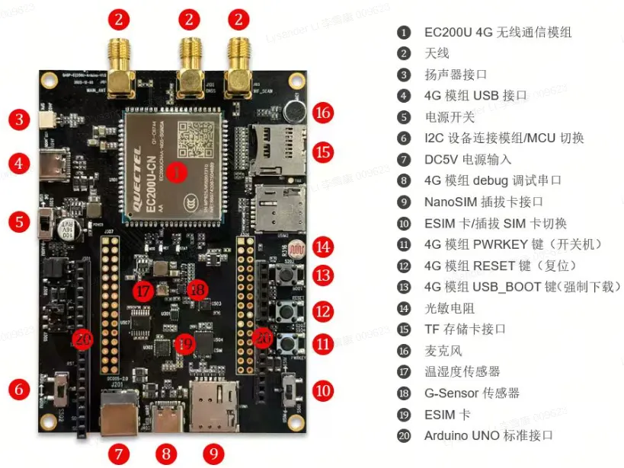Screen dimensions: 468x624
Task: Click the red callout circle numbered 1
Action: pos(176,172)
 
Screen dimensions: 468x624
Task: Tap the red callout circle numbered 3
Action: pos(19,119)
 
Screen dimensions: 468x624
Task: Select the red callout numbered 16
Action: pos(323,113)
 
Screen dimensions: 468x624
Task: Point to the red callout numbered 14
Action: pos(324,247)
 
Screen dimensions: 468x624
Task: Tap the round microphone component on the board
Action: pos(292,113)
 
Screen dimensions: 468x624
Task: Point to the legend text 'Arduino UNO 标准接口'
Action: pos(488,435)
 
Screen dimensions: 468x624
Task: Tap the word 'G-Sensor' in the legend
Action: pos(452,393)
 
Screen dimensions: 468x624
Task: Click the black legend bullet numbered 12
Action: pos(403,266)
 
